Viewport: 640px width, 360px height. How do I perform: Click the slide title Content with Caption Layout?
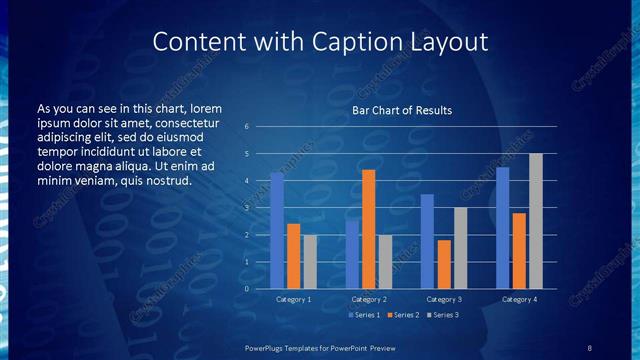tap(320, 42)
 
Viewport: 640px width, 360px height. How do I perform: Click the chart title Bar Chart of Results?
tap(402, 110)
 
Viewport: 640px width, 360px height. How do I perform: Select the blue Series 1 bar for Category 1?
tap(277, 231)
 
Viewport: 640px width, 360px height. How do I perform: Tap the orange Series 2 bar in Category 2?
tap(368, 229)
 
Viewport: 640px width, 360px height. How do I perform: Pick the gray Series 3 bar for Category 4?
tap(535, 221)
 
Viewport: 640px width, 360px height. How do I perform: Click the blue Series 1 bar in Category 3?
tap(427, 241)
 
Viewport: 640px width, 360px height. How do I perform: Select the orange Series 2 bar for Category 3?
tap(443, 264)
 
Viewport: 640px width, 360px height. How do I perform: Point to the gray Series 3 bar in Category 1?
tap(310, 262)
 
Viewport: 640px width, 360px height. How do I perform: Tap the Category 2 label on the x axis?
tap(368, 299)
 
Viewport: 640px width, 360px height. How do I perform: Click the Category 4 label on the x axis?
tap(518, 299)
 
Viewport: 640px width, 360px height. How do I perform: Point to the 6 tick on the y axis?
tap(247, 127)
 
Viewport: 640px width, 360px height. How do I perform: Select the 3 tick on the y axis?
tap(247, 208)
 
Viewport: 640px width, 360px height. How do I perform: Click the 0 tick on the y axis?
tap(247, 289)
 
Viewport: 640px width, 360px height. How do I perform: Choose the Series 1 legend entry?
tap(364, 315)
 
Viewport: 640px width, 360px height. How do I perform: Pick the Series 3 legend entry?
tap(443, 315)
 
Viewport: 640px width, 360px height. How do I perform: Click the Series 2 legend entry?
tap(404, 315)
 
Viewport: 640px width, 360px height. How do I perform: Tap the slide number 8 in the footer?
tap(590, 347)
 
